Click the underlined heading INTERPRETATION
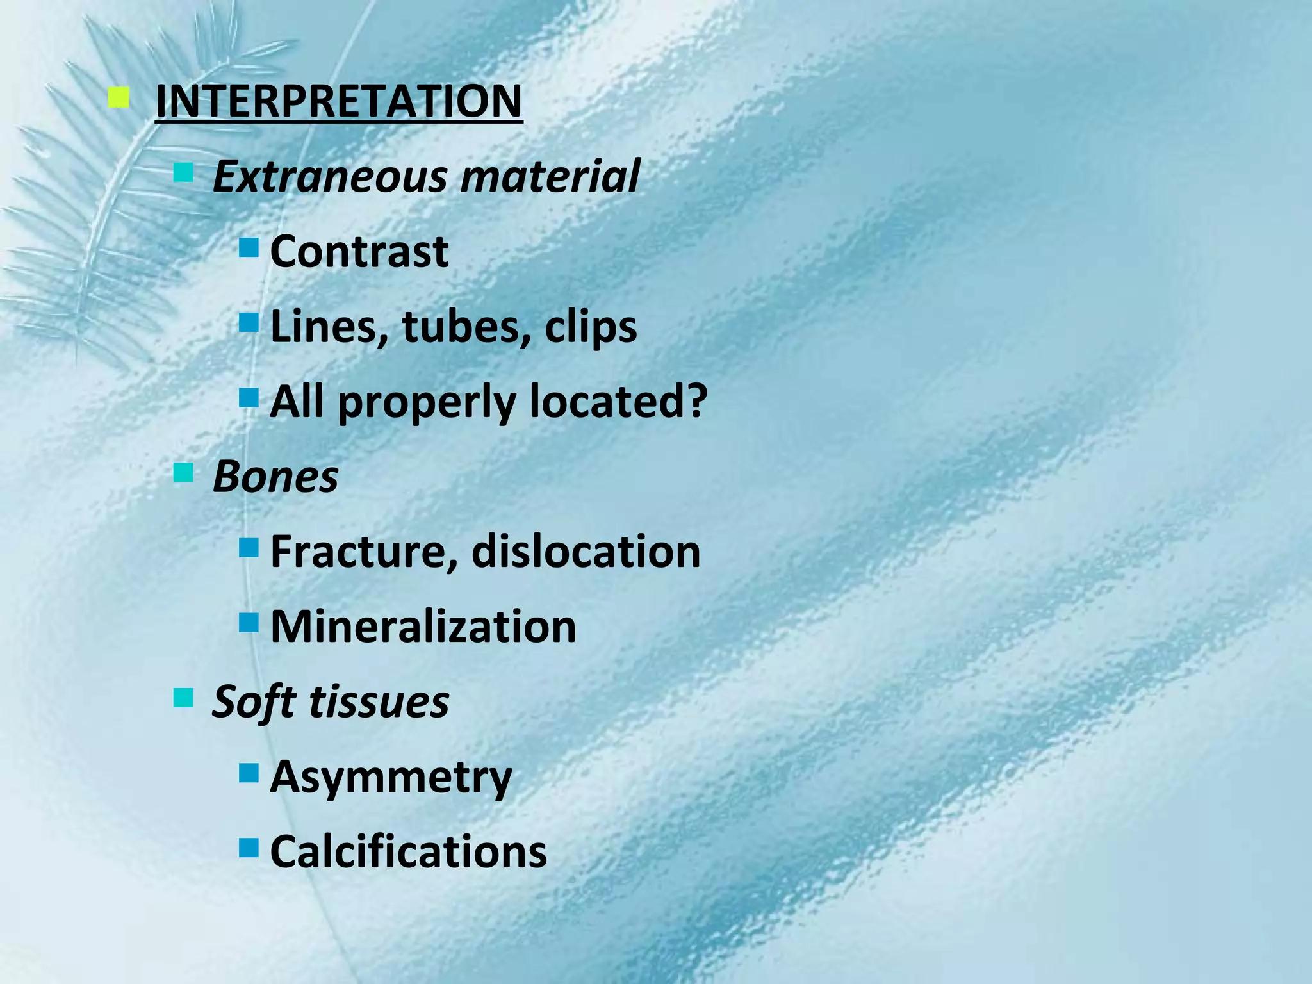[339, 101]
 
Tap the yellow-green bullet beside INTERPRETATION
[119, 99]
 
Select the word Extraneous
[329, 176]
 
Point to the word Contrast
[359, 251]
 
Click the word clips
[591, 327]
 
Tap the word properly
[427, 402]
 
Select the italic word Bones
[275, 477]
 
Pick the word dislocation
[586, 552]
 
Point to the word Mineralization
[423, 627]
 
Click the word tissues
[379, 702]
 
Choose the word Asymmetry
[391, 778]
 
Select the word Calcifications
[409, 852]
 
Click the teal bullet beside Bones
[183, 473]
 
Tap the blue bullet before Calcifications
[249, 848]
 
